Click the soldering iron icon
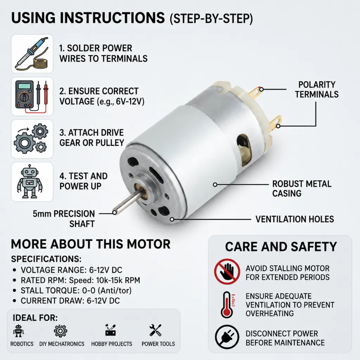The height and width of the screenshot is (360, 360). pyautogui.click(x=32, y=54)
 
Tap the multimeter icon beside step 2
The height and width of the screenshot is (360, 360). pyautogui.click(x=32, y=96)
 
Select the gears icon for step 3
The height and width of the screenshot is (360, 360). pyautogui.click(x=31, y=139)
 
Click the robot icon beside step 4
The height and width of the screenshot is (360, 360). pyautogui.click(x=30, y=181)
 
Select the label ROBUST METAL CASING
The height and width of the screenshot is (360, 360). pyautogui.click(x=302, y=188)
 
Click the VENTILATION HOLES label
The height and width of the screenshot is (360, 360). pyautogui.click(x=295, y=219)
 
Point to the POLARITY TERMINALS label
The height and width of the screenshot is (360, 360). pyautogui.click(x=317, y=90)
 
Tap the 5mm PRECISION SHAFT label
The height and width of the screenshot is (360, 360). pyautogui.click(x=64, y=219)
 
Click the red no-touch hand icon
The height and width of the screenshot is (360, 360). pyautogui.click(x=227, y=272)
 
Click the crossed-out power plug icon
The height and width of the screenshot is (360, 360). pyautogui.click(x=227, y=337)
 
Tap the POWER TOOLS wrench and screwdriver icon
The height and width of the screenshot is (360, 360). pyautogui.click(x=155, y=330)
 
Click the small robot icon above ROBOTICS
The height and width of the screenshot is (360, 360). pyautogui.click(x=18, y=330)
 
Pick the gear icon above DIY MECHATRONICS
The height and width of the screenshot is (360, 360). pyautogui.click(x=60, y=331)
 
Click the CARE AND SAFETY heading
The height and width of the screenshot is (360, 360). pyautogui.click(x=281, y=247)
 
